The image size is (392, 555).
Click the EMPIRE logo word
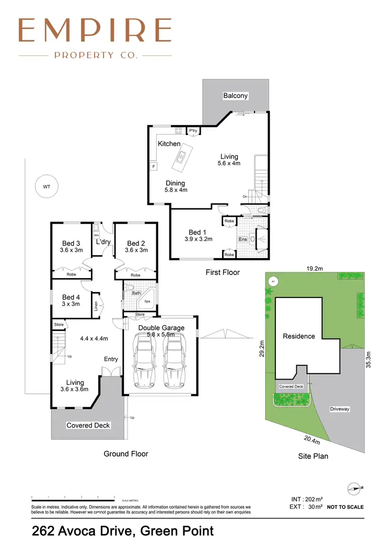(x=95, y=31)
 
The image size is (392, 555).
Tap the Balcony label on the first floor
(x=235, y=96)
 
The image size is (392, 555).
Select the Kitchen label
(x=169, y=143)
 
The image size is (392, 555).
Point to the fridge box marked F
(x=154, y=167)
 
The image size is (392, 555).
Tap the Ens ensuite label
(x=242, y=239)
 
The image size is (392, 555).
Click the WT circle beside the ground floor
(x=47, y=186)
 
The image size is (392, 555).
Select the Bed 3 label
(x=71, y=243)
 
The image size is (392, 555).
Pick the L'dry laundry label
(x=103, y=242)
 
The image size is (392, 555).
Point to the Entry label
(x=111, y=359)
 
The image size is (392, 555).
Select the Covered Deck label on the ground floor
(x=88, y=425)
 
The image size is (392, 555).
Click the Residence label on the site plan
(x=299, y=336)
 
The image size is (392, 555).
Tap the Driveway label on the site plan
(x=340, y=409)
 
